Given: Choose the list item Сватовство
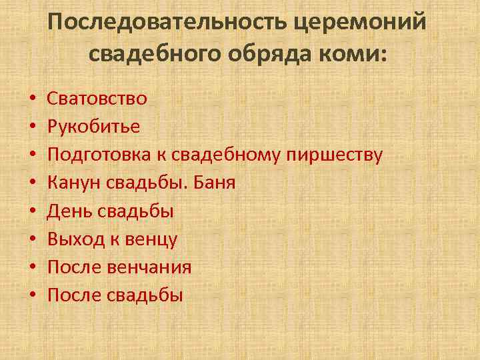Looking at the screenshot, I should pyautogui.click(x=97, y=99).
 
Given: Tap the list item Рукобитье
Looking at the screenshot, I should pyautogui.click(x=94, y=127).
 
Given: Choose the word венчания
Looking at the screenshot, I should pyautogui.click(x=149, y=267).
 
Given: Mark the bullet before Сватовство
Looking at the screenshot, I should pyautogui.click(x=31, y=99).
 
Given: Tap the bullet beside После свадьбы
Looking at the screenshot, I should pyautogui.click(x=31, y=296).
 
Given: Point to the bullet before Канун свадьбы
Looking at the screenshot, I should pyautogui.click(x=31, y=183).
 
